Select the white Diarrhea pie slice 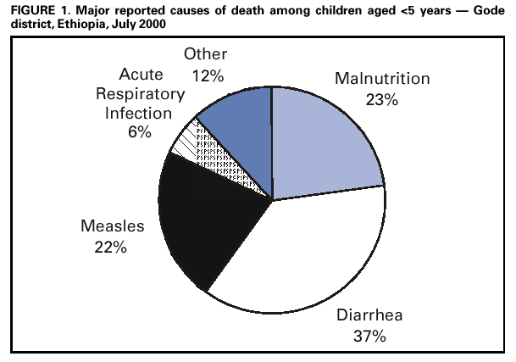(305, 254)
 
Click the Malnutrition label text (381, 80)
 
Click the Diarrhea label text (368, 317)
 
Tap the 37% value (369, 336)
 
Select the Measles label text (111, 227)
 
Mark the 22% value (111, 247)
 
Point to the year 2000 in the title (147, 24)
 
